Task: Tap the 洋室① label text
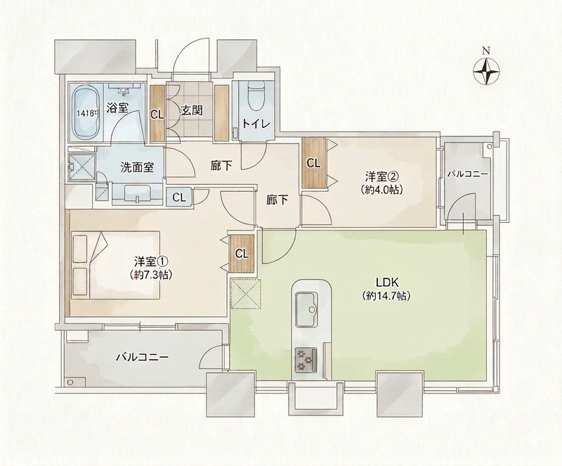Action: click(x=151, y=261)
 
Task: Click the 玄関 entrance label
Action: click(x=191, y=111)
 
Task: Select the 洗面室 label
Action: click(x=136, y=167)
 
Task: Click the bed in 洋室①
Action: click(x=116, y=265)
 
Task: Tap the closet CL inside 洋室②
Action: click(x=313, y=163)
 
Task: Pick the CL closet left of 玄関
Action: click(x=157, y=114)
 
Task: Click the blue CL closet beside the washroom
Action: click(x=179, y=198)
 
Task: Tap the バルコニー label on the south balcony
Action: click(x=143, y=357)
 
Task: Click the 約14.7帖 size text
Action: click(x=386, y=297)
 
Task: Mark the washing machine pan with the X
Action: click(x=82, y=167)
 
